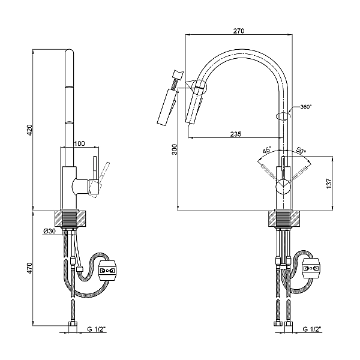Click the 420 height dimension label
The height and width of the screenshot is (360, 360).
tap(30, 130)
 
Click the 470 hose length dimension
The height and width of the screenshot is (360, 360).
tap(30, 268)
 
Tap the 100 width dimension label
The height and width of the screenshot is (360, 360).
tap(79, 143)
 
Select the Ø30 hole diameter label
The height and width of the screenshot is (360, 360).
tap(49, 231)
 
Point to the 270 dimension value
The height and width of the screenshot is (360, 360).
tap(239, 31)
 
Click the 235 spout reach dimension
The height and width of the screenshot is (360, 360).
tap(236, 134)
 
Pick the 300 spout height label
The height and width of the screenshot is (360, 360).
tap(175, 149)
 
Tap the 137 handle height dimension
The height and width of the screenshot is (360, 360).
tap(329, 184)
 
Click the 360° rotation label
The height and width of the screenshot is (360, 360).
tap(306, 107)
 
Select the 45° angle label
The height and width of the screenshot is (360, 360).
tap(267, 151)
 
